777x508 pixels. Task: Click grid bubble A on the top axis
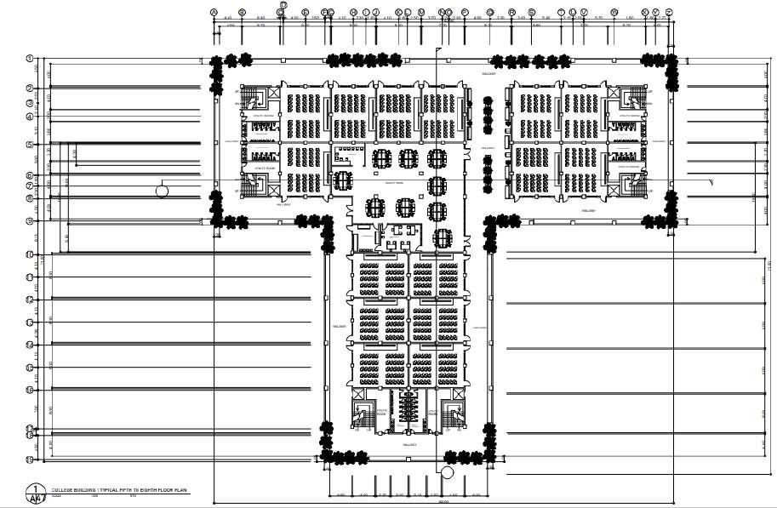click(x=214, y=13)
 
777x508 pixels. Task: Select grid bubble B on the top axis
click(x=242, y=13)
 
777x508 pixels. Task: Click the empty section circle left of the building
click(x=162, y=191)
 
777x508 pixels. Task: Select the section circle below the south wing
click(x=448, y=471)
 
